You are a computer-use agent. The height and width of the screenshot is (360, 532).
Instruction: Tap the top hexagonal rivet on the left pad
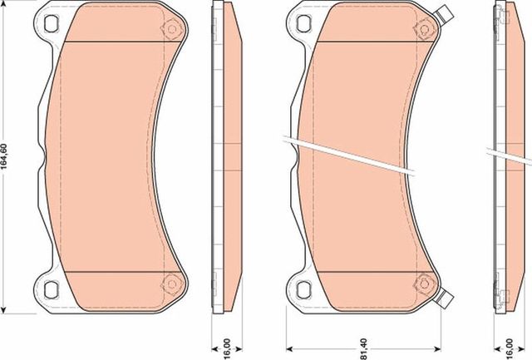point(172,28)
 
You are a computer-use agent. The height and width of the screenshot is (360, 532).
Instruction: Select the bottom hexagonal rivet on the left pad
point(172,281)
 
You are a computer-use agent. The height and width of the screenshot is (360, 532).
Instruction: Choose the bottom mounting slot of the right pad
point(302,289)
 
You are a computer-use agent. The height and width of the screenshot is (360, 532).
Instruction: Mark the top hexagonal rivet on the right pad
point(421,28)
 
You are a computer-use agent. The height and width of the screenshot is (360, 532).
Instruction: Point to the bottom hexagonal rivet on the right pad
point(421,281)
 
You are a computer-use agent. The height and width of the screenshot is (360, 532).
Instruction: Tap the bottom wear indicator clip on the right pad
point(445,297)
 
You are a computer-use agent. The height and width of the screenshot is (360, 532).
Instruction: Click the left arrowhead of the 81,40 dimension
point(288,348)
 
